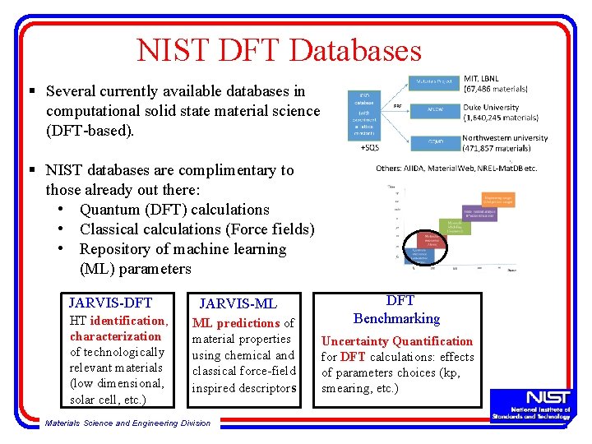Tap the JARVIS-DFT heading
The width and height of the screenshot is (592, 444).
[110, 303]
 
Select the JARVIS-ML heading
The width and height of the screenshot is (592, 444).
[238, 304]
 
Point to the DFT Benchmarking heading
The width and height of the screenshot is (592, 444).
[397, 310]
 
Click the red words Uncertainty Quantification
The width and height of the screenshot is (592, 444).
[397, 341]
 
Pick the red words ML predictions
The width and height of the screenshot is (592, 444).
[236, 323]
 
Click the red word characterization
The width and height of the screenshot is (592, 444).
[115, 336]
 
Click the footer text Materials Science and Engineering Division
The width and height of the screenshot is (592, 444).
[127, 423]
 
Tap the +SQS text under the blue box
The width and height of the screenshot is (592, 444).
[370, 148]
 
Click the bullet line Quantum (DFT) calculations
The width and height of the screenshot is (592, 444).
[174, 210]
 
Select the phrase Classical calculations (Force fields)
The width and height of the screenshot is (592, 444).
[197, 229]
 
